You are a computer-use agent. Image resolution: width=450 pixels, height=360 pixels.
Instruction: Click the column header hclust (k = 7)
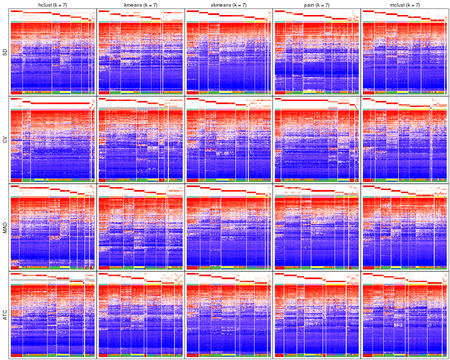pyautogui.click(x=52, y=5)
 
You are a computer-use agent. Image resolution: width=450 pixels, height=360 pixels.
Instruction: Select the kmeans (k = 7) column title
pyautogui.click(x=140, y=5)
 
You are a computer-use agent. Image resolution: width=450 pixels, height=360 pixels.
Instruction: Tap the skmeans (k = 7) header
pyautogui.click(x=228, y=5)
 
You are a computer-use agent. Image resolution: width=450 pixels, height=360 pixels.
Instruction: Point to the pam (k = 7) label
pyautogui.click(x=317, y=5)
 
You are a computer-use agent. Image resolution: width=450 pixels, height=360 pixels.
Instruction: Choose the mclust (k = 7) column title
pyautogui.click(x=405, y=5)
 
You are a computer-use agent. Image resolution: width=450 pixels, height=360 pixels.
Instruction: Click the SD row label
pyautogui.click(x=5, y=52)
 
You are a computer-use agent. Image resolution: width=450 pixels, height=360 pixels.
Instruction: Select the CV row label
pyautogui.click(x=5, y=140)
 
